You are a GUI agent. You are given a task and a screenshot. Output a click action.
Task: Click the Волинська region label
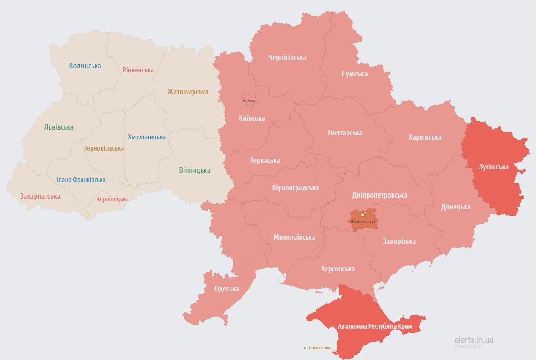pos(85,66)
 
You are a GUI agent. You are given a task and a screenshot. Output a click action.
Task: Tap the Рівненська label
pos(138,70)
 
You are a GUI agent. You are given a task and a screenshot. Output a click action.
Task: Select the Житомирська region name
pos(188,92)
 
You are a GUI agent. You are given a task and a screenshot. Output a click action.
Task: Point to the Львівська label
pos(59,127)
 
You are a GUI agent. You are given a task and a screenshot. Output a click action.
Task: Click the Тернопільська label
pos(104,148)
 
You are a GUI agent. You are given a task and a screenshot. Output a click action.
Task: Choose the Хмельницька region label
pos(147,137)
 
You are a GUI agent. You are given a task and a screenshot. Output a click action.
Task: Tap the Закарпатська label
pos(40,197)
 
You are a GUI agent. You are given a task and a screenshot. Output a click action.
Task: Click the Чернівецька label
pos(112,199)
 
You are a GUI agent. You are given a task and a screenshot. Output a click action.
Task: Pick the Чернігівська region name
pos(287,58)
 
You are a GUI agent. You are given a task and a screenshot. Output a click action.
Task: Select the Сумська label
pos(355,74)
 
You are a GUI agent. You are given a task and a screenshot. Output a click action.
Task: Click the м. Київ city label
pos(249,101)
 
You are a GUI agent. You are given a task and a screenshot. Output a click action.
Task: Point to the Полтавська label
pos(345,133)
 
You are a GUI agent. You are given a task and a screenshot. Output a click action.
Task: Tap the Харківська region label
pos(424,137)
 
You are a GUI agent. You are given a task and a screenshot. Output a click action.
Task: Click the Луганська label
pos(493,167)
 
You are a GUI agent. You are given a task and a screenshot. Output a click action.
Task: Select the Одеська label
pos(226,289)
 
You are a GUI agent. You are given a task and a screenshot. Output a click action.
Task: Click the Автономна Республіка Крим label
pos(375,327)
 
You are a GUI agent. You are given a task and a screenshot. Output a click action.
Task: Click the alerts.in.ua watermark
pos(474,340)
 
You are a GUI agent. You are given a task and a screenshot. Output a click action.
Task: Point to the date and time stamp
pos(468,347)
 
